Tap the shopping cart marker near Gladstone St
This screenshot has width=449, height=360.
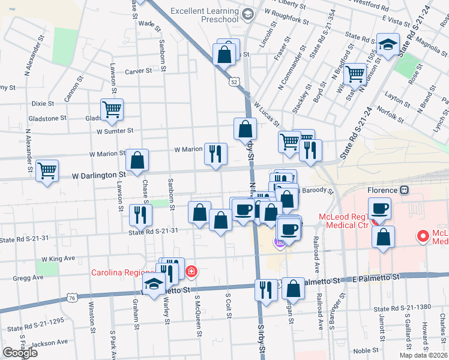click(112, 109)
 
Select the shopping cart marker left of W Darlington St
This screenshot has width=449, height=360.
click(47, 170)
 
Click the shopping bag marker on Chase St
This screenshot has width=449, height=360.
click(137, 160)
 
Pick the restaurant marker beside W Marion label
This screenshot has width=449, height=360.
click(215, 154)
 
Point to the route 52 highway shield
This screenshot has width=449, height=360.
click(234, 81)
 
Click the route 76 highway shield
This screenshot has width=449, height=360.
click(72, 297)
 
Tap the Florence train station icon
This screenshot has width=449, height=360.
click(405, 190)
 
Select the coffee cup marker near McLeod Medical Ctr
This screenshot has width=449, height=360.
click(379, 209)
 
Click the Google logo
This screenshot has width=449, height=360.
click(20, 353)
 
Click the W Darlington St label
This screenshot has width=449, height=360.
click(98, 176)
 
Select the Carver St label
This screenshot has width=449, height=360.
click(138, 71)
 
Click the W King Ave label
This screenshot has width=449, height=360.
click(58, 259)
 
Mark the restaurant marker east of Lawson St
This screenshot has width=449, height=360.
click(140, 215)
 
